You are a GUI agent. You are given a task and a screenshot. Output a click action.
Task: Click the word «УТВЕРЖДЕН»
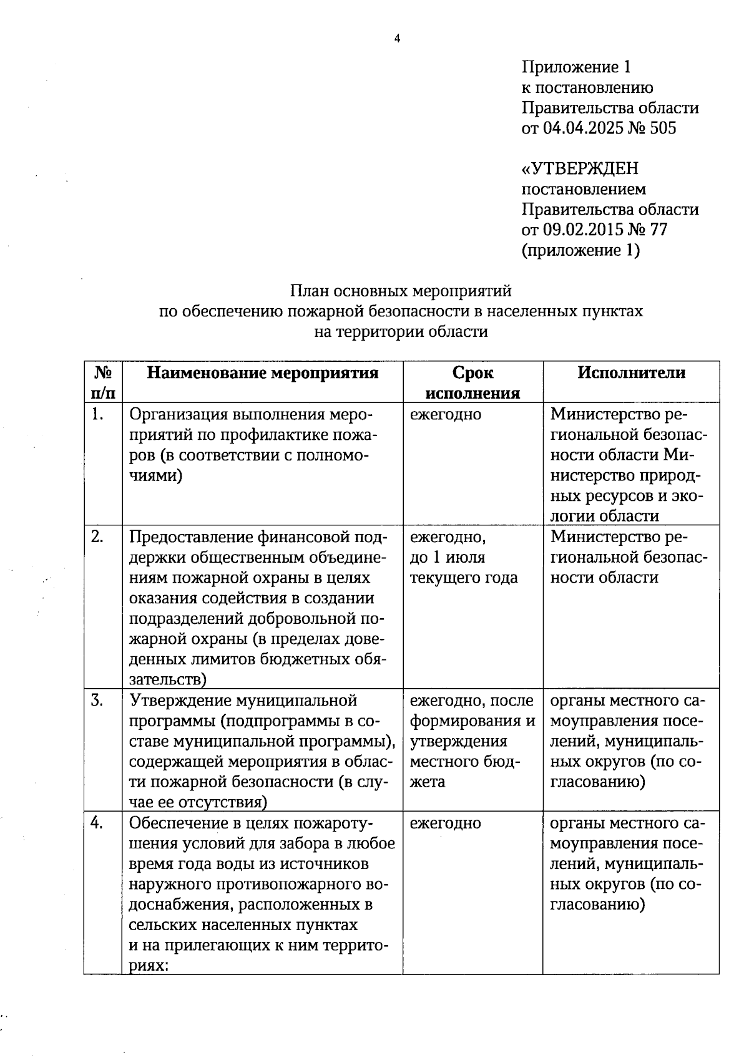[580, 169]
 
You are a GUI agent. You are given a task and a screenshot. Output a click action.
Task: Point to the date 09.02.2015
[583, 230]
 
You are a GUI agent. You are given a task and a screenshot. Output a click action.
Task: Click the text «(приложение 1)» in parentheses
[581, 250]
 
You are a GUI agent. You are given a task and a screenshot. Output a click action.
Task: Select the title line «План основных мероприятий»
[400, 291]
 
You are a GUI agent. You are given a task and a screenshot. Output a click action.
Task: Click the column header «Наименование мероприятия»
[263, 373]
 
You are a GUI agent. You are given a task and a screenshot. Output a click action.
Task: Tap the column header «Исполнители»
[631, 373]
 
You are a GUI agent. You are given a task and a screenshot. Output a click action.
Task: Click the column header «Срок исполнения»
[472, 382]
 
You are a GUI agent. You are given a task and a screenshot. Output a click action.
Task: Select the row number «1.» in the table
[97, 414]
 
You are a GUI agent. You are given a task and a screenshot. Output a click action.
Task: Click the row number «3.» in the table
[97, 701]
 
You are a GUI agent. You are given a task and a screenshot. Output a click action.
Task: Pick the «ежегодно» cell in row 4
[445, 823]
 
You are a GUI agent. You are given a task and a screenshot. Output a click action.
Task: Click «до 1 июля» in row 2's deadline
[447, 557]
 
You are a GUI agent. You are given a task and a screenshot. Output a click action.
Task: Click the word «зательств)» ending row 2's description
[168, 679]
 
